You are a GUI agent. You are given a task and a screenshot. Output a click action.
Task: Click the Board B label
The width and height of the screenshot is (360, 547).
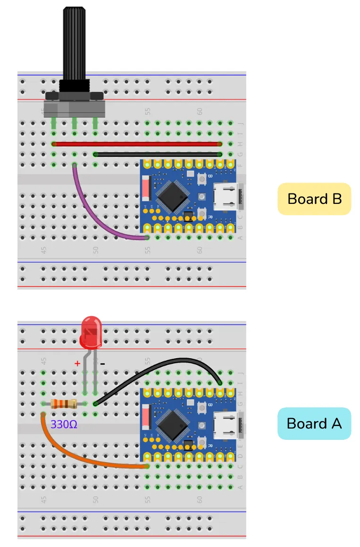coord(314,199)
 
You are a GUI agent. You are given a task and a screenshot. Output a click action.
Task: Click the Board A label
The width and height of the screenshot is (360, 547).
coord(314,423)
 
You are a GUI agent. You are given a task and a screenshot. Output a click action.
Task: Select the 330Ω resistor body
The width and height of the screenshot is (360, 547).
coord(63,404)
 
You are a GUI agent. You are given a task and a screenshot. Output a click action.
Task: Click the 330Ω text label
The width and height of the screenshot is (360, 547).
coord(63,424)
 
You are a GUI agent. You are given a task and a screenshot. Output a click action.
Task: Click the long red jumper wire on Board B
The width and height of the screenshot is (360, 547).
coord(137,144)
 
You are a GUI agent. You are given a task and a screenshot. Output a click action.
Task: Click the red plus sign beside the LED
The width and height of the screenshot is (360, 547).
coord(77,363)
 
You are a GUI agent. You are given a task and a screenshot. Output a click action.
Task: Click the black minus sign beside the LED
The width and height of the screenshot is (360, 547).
coord(102,364)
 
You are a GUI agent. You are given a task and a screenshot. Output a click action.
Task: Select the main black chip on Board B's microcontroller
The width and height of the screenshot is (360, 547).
coord(172,196)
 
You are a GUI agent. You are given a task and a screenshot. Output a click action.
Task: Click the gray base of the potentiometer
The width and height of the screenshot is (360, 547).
coord(74,107)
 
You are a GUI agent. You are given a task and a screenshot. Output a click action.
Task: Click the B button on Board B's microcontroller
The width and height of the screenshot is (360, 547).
coord(201,179)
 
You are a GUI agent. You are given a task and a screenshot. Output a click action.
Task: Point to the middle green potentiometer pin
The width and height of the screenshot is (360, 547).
coord(74,124)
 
